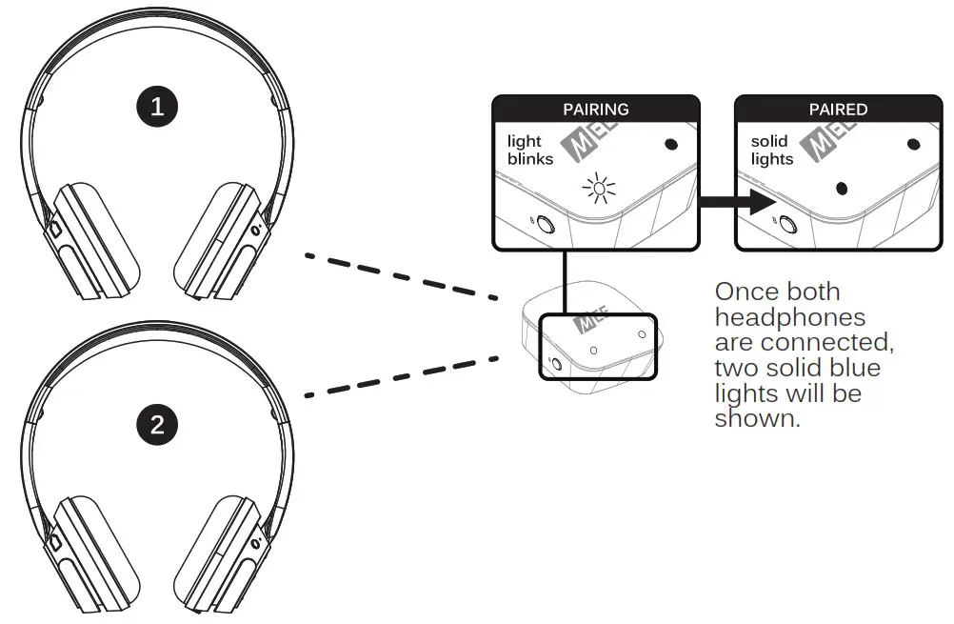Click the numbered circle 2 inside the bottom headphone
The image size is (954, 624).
click(157, 425)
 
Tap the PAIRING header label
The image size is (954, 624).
click(596, 110)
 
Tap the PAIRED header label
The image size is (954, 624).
click(838, 110)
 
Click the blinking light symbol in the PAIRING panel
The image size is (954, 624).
click(599, 190)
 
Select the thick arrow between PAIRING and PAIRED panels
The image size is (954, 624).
click(735, 202)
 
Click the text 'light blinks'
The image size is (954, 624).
click(530, 151)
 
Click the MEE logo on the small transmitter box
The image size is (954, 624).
click(587, 325)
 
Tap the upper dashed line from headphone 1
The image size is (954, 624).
click(400, 275)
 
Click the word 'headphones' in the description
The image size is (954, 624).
click(790, 317)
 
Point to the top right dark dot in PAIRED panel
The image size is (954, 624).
click(914, 145)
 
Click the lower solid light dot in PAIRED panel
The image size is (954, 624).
click(841, 188)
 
